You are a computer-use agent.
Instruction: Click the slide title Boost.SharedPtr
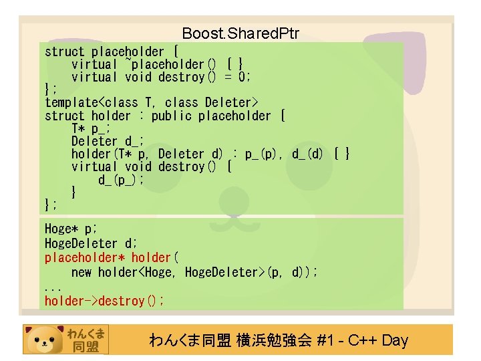pyautogui.click(x=240, y=33)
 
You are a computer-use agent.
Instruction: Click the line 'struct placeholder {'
pyautogui.click(x=111, y=51)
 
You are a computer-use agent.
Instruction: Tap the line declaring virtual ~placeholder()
pyautogui.click(x=157, y=64)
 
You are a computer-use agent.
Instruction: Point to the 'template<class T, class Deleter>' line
pyautogui.click(x=152, y=102)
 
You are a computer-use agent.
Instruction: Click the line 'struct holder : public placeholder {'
pyautogui.click(x=164, y=116)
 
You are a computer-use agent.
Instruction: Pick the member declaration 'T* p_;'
pyautogui.click(x=91, y=128)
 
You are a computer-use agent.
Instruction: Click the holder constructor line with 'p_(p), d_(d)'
pyautogui.click(x=210, y=154)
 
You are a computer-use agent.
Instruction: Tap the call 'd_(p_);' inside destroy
pyautogui.click(x=122, y=180)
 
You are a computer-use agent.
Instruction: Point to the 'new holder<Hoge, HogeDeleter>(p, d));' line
pyautogui.click(x=194, y=272)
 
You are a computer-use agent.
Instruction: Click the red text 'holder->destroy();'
pyautogui.click(x=104, y=301)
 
